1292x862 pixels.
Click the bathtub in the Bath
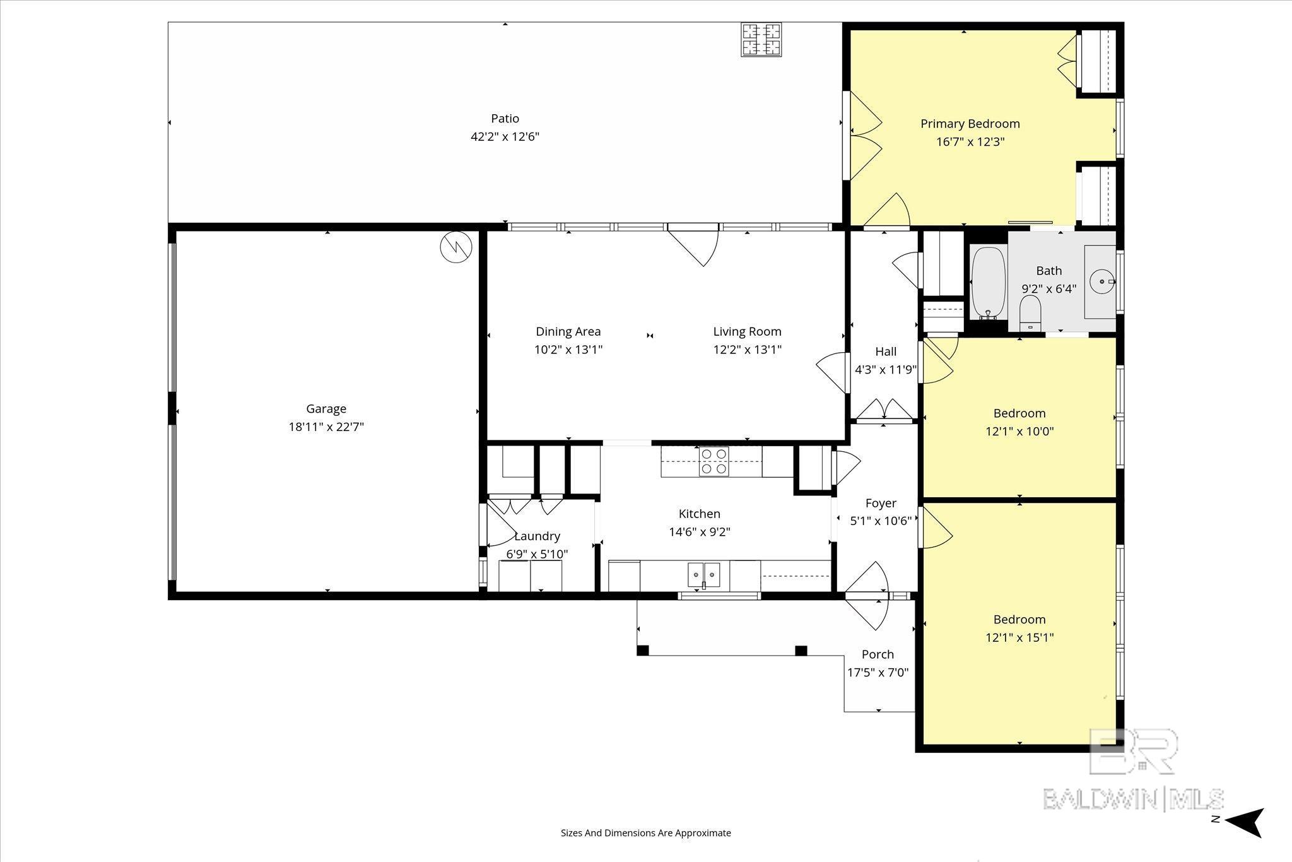click(x=988, y=283)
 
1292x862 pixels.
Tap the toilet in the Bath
click(x=1030, y=313)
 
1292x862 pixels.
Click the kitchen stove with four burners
click(x=714, y=461)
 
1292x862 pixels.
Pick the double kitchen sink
click(x=704, y=574)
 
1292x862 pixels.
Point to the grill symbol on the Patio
click(x=761, y=40)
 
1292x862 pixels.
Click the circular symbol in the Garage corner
click(x=455, y=247)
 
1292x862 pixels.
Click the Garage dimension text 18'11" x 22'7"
click(x=326, y=427)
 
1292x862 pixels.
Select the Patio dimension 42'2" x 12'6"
click(x=505, y=136)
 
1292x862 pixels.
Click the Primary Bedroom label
click(x=970, y=124)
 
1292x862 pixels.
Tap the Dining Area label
click(x=568, y=331)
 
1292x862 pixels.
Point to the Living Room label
click(x=747, y=331)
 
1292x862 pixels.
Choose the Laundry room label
click(x=537, y=536)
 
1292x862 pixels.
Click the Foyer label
click(x=881, y=504)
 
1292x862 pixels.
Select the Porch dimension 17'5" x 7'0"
click(x=878, y=673)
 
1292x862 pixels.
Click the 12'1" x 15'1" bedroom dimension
click(x=1019, y=637)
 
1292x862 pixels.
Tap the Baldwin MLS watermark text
click(x=1133, y=799)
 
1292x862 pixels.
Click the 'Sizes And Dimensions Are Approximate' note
click(x=645, y=833)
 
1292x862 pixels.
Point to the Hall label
click(x=886, y=351)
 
